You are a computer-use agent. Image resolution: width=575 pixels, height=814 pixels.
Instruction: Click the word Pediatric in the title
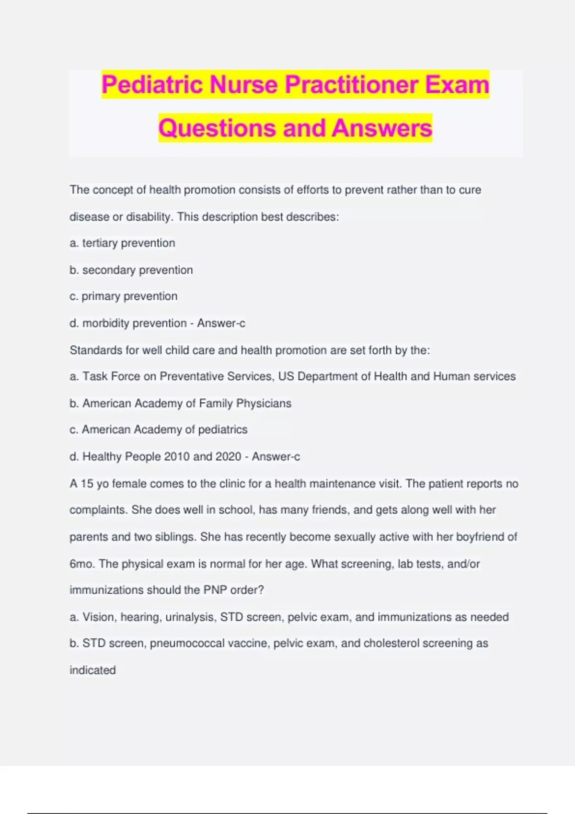point(152,85)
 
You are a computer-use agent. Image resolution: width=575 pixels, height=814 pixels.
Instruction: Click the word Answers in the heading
point(382,128)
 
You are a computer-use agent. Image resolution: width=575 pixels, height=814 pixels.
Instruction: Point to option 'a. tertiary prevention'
point(122,243)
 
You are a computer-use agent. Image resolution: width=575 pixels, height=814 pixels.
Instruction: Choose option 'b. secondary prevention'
point(131,270)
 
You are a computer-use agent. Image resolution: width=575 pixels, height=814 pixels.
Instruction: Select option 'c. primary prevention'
point(123,296)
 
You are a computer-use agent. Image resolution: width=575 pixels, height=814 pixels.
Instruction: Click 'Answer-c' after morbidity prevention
point(221,324)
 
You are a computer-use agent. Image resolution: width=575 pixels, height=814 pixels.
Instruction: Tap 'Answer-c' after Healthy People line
point(276,457)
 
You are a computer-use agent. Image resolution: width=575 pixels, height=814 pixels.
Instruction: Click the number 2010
point(177,457)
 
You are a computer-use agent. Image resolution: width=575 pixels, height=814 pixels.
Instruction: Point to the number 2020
point(229,457)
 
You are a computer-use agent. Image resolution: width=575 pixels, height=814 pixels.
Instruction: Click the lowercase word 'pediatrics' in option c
point(223,430)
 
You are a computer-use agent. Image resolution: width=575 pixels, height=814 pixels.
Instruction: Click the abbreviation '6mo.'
point(82,564)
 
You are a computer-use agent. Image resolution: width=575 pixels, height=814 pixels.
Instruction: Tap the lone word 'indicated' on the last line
point(92,670)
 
